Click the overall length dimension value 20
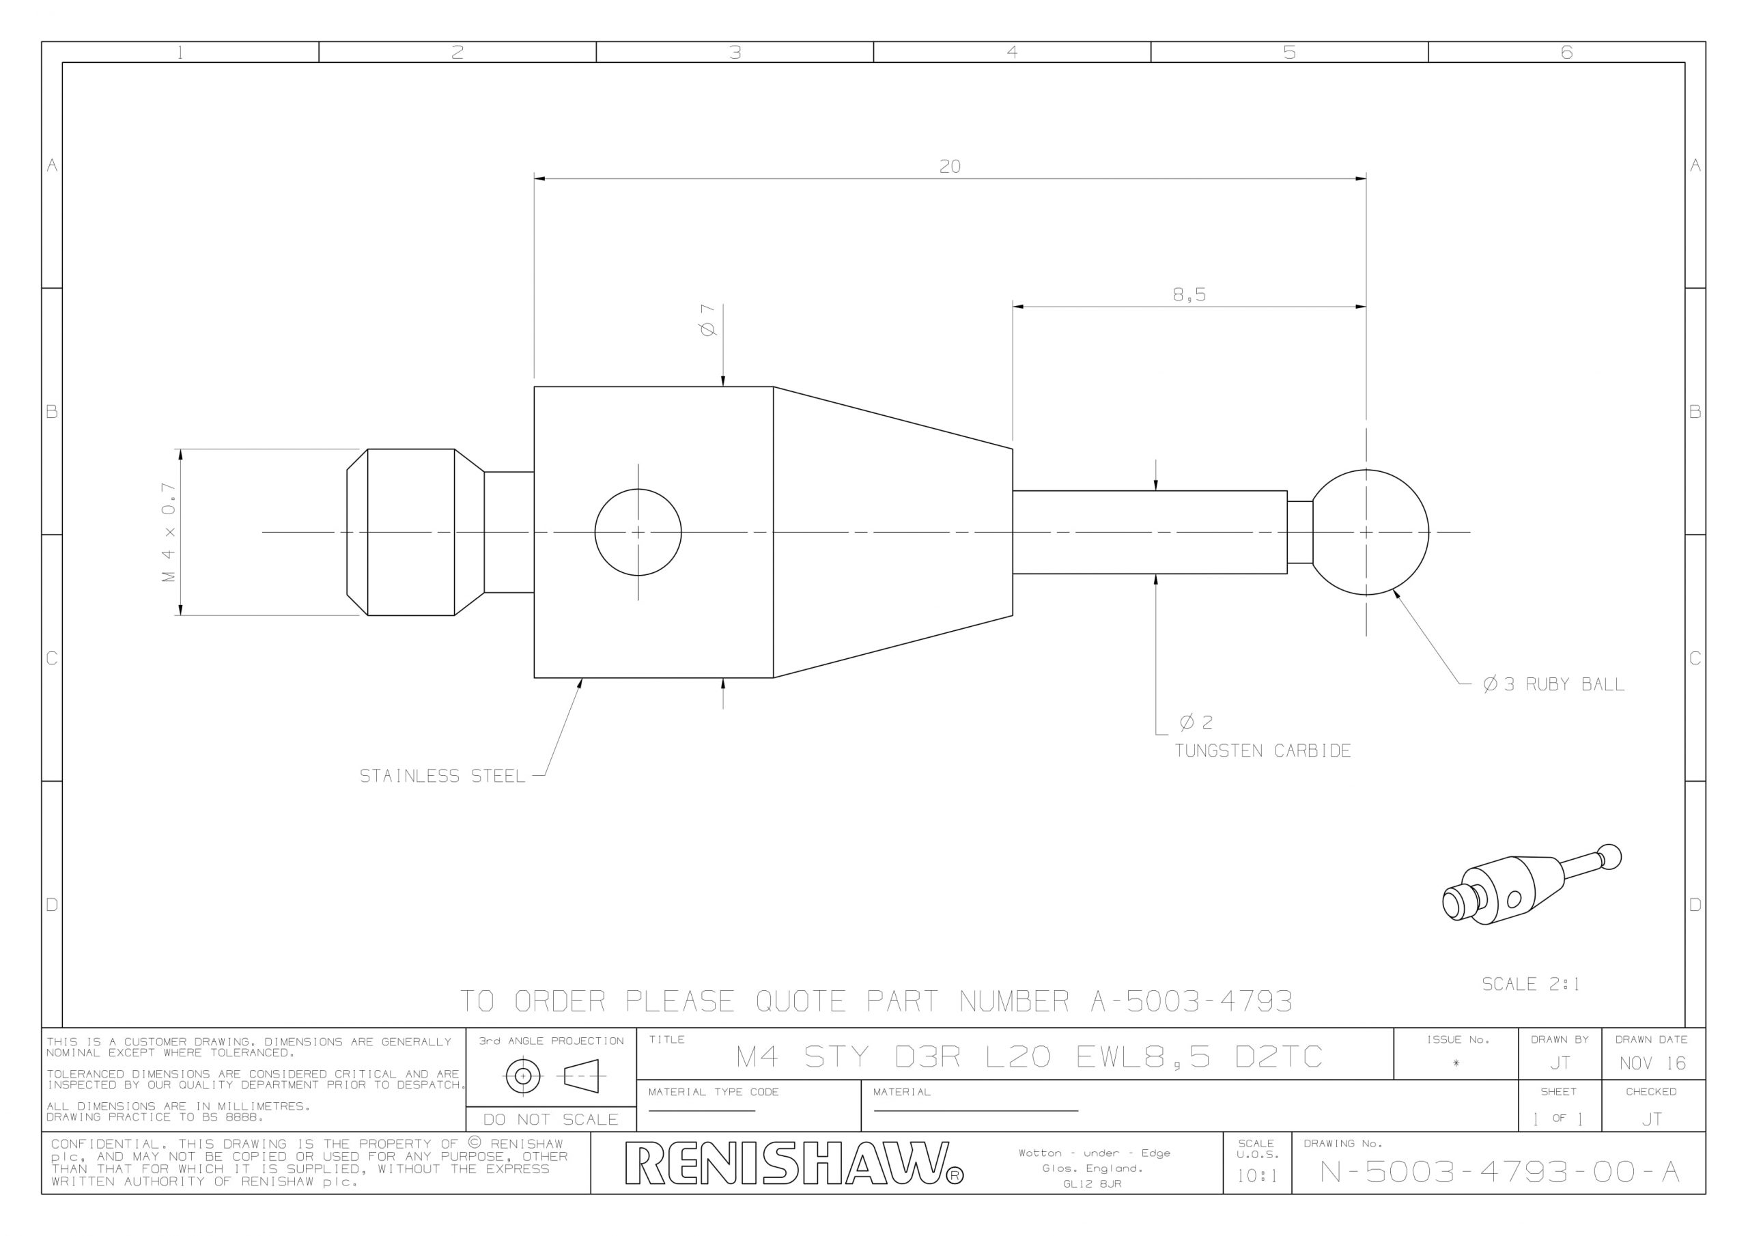point(949,166)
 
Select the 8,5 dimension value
point(1189,295)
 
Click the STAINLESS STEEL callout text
point(442,776)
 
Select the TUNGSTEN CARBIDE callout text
point(1263,751)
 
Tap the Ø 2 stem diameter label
point(1196,722)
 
